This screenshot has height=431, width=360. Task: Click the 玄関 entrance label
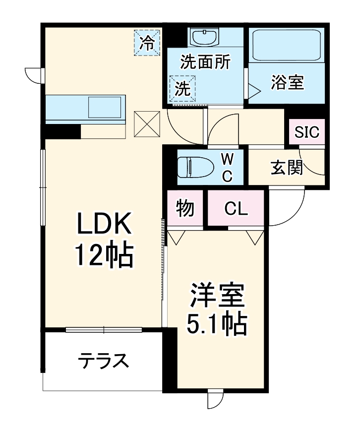pos(287,168)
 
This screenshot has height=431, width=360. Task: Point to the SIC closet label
pos(307,132)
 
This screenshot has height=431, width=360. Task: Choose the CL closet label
pos(236,209)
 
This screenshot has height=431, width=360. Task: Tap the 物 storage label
pos(185,209)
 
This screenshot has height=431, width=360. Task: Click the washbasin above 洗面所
pos(205,38)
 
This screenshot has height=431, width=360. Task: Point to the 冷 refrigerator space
pos(147,43)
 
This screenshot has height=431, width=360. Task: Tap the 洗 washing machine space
pos(182,89)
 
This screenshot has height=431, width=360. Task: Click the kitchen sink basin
pos(105,107)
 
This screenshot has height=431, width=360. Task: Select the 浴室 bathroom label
pos(287,82)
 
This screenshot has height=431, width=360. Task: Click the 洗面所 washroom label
pos(205,62)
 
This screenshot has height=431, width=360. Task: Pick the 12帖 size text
pos(104,256)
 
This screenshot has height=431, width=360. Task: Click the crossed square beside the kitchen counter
pos(147,124)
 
